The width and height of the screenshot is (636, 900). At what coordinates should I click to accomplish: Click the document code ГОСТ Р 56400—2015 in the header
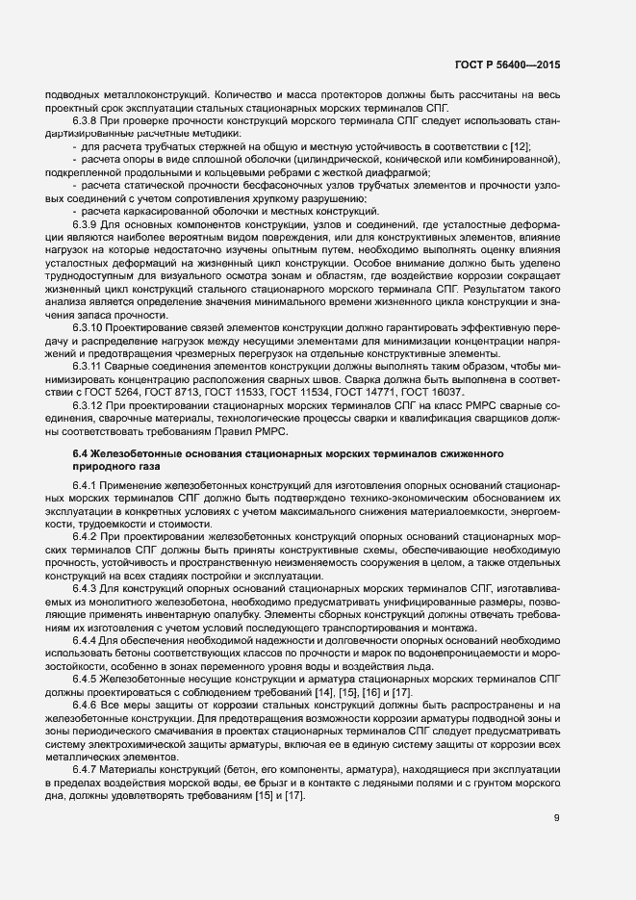click(x=506, y=64)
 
